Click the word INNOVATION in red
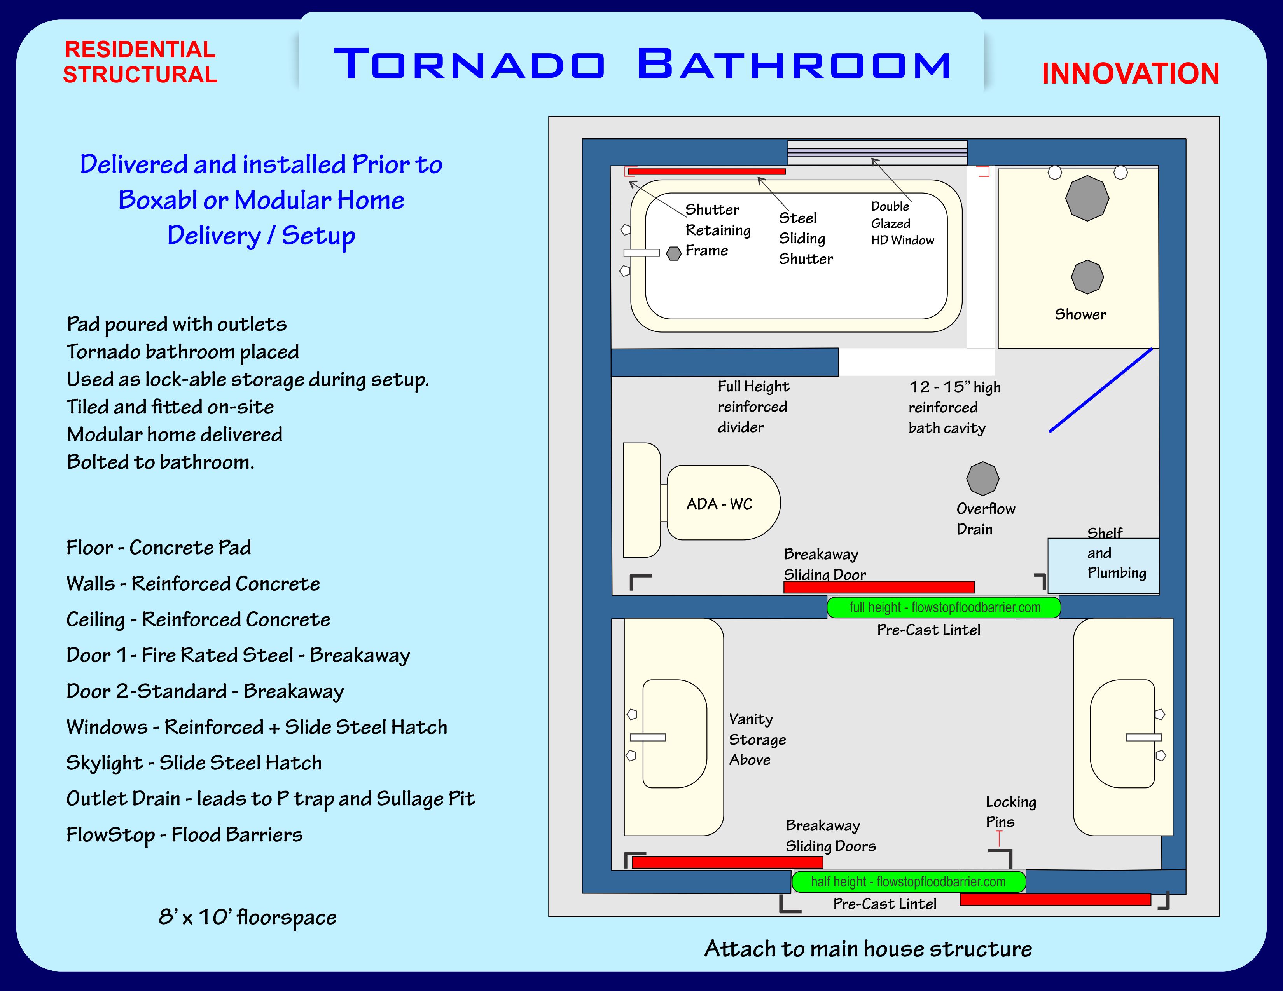point(1130,74)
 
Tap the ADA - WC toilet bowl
point(723,503)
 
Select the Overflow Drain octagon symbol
point(982,478)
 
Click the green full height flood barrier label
point(944,607)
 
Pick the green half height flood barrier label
point(908,881)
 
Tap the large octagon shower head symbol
point(1087,199)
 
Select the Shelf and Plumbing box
point(1103,565)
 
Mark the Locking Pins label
point(1010,812)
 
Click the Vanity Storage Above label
point(757,739)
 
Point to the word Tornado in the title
point(469,64)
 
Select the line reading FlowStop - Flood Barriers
point(184,834)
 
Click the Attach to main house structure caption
point(868,949)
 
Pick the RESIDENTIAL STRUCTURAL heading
point(140,62)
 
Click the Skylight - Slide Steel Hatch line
point(194,762)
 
